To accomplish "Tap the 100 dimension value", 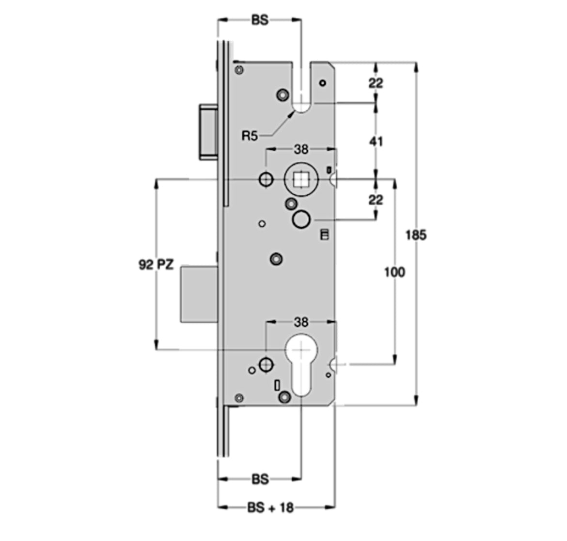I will click(394, 272).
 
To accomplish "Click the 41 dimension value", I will click(376, 141).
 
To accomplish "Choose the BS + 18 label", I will click(270, 508).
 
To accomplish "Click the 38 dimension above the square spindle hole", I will click(301, 149).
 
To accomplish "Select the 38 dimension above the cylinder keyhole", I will click(301, 322).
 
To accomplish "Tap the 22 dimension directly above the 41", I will click(376, 83).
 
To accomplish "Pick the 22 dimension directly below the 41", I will click(376, 200).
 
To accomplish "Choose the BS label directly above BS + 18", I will click(260, 479).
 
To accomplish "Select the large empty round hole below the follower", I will click(301, 219).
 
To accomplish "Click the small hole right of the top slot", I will click(323, 83).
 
